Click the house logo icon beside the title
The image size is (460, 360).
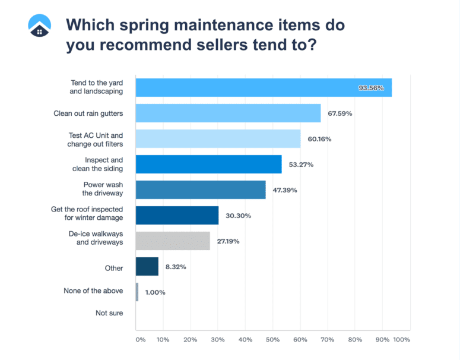point(40,24)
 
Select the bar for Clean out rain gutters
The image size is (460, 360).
point(228,113)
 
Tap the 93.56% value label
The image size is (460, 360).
point(371,88)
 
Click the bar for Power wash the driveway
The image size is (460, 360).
point(201,190)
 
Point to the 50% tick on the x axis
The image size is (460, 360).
point(272,340)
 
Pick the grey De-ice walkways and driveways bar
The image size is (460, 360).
point(173,241)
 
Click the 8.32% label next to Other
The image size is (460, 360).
point(175,267)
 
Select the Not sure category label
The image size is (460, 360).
point(109,312)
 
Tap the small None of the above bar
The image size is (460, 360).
point(137,292)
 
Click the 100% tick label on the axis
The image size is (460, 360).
point(401,340)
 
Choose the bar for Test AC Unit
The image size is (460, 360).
point(218,139)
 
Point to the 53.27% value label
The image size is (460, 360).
point(301,165)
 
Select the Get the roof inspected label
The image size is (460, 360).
point(88,212)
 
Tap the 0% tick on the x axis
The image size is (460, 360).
point(140,340)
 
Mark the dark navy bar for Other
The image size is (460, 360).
point(147,266)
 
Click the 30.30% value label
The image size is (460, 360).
point(238,216)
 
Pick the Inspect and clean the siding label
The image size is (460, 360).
point(104,165)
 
